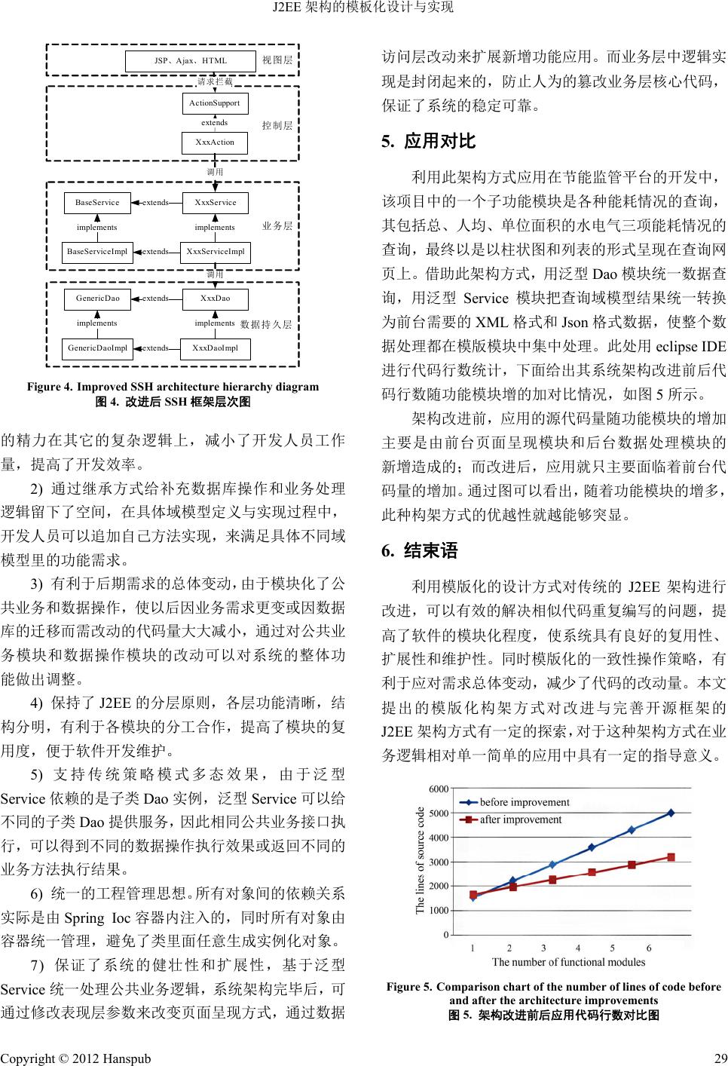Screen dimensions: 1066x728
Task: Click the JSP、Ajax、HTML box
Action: pos(190,60)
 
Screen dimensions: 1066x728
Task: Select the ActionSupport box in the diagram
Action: pos(215,103)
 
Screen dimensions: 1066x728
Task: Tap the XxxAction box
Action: pos(215,142)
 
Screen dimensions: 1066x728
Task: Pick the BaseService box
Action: pos(97,203)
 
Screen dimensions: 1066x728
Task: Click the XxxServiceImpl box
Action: pos(216,252)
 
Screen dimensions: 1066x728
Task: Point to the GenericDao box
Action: pos(97,299)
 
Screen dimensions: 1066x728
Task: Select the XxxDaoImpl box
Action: pos(215,348)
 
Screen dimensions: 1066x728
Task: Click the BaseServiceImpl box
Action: pos(97,252)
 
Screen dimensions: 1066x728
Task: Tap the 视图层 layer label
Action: pos(277,60)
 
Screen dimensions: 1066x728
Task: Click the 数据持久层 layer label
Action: pos(266,324)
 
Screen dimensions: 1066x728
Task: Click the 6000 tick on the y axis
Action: pos(439,789)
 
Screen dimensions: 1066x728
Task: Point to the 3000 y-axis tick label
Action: pos(439,862)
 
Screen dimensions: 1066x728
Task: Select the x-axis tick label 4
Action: pos(578,948)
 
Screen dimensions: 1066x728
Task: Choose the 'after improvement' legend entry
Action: pos(520,819)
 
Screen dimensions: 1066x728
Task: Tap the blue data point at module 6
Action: pos(671,813)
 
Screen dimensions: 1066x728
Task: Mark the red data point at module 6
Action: pos(671,857)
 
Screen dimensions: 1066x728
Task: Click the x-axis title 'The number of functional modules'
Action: pos(568,962)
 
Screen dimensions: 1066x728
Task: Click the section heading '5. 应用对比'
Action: pos(429,141)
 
